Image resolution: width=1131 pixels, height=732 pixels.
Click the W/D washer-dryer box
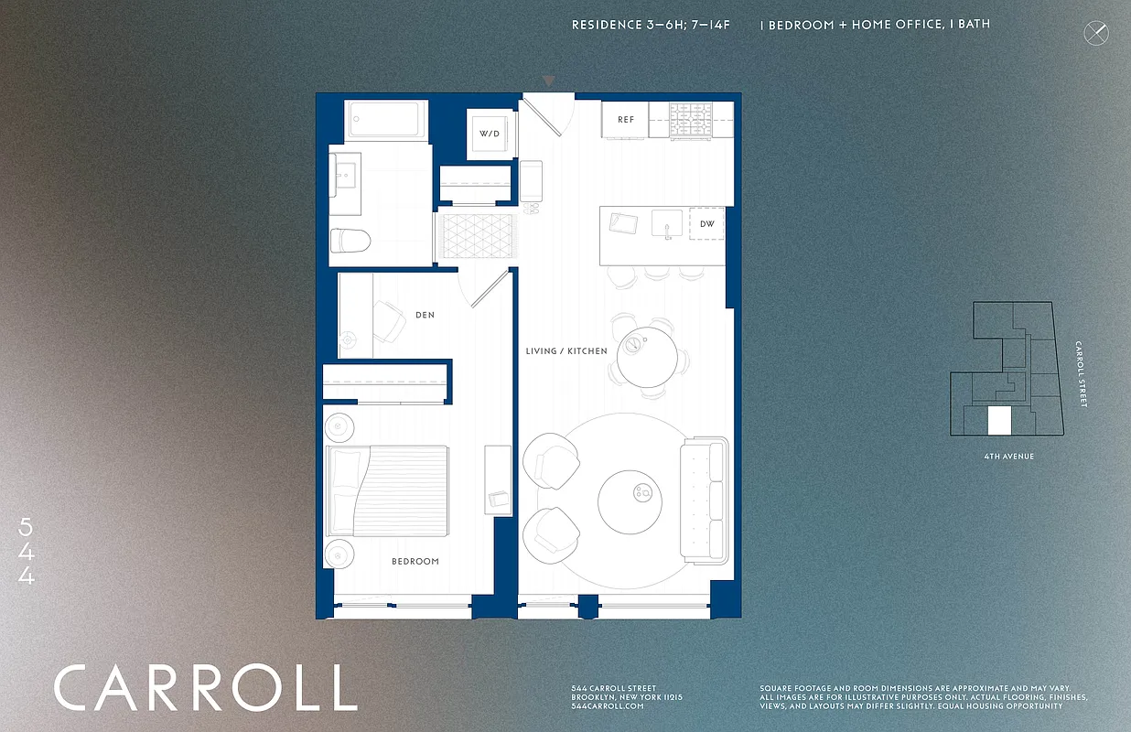pyautogui.click(x=490, y=134)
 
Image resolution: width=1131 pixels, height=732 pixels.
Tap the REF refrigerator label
pyautogui.click(x=626, y=120)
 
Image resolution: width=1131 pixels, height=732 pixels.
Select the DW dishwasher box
pyautogui.click(x=706, y=223)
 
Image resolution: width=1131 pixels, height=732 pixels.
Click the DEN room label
pyautogui.click(x=425, y=315)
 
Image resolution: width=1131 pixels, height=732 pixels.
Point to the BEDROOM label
pyautogui.click(x=415, y=561)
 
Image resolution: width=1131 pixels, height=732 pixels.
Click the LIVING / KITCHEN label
pyautogui.click(x=566, y=351)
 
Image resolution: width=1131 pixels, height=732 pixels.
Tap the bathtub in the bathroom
pyautogui.click(x=386, y=121)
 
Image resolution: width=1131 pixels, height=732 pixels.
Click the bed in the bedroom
pyautogui.click(x=388, y=491)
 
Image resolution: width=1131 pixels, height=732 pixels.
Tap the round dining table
pyautogui.click(x=649, y=357)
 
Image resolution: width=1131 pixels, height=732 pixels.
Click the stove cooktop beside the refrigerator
pyautogui.click(x=691, y=121)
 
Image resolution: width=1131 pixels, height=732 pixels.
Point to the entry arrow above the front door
pyautogui.click(x=548, y=81)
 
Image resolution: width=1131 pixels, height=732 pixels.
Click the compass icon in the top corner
pyautogui.click(x=1095, y=34)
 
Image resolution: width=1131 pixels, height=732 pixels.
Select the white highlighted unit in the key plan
pyautogui.click(x=999, y=421)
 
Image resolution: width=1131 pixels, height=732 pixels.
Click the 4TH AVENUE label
pyautogui.click(x=1004, y=457)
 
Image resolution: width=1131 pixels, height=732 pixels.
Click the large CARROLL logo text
pyautogui.click(x=205, y=688)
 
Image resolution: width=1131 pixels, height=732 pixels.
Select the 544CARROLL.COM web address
pyautogui.click(x=605, y=706)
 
